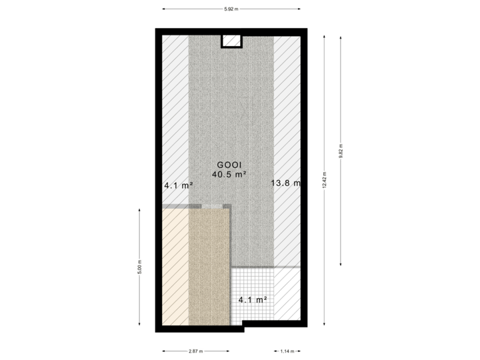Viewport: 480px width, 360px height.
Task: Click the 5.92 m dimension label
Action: point(231,9)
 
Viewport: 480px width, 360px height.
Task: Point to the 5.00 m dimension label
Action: point(139,267)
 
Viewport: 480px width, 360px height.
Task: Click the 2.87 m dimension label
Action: point(195,351)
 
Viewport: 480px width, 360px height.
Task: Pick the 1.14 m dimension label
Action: point(287,351)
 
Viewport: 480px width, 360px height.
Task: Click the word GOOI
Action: point(229,165)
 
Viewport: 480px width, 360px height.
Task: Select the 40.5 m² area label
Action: point(229,175)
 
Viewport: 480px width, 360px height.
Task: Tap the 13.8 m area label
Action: point(285,183)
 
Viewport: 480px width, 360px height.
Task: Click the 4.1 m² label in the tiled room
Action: point(253,300)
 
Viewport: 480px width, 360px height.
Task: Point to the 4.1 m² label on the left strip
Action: point(178,186)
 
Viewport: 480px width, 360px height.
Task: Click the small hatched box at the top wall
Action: point(231,41)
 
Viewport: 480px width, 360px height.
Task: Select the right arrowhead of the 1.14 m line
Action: point(300,351)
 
